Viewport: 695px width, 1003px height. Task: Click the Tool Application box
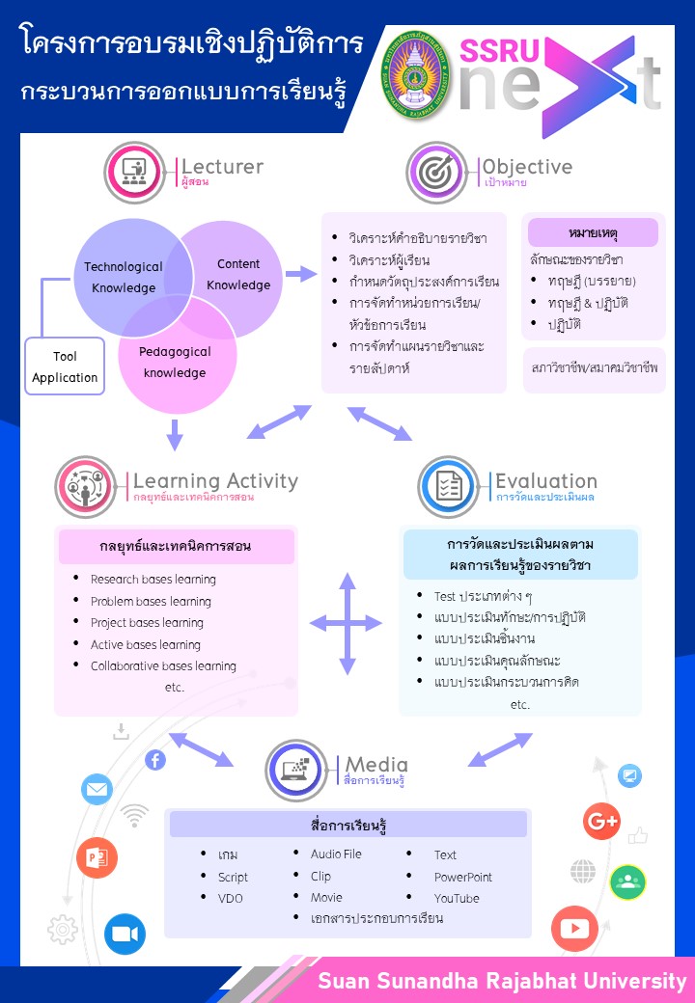(x=65, y=366)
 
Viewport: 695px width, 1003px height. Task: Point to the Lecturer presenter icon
(x=135, y=173)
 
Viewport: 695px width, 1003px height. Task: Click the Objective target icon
(x=437, y=173)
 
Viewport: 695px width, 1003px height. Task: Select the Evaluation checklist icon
(x=449, y=487)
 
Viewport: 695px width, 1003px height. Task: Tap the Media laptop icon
(x=296, y=771)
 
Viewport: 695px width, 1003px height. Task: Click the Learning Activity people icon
(x=86, y=487)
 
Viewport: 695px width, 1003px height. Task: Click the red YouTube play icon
(x=574, y=929)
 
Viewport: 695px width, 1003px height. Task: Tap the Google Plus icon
(x=601, y=821)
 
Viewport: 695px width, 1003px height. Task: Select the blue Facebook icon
(x=155, y=760)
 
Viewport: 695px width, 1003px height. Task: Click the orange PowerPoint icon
(x=97, y=857)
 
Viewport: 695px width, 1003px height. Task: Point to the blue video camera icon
(x=125, y=934)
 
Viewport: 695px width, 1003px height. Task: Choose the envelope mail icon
(x=97, y=790)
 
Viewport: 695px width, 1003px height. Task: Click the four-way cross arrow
(x=347, y=624)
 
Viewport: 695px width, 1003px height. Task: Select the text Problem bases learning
(x=151, y=601)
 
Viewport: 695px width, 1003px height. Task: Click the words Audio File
(x=336, y=854)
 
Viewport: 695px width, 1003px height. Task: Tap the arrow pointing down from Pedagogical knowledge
(x=175, y=435)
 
